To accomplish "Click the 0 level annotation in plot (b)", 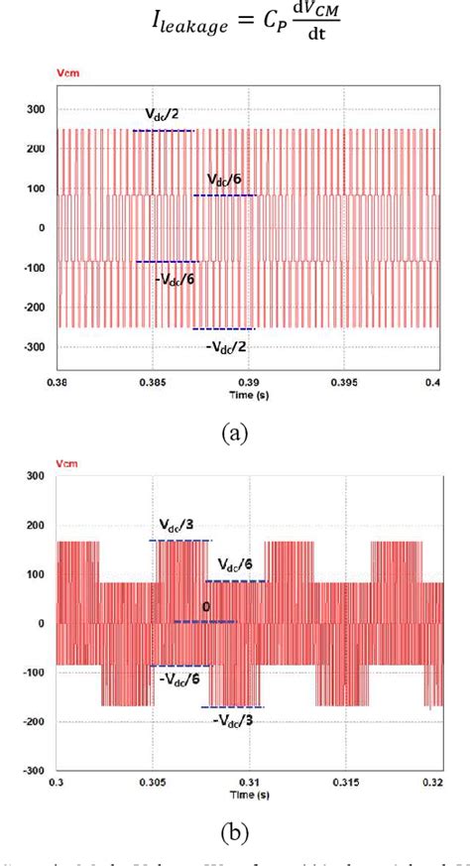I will click(206, 609).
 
